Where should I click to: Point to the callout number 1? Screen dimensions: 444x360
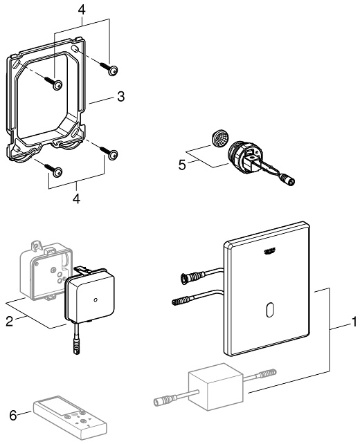(353, 322)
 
